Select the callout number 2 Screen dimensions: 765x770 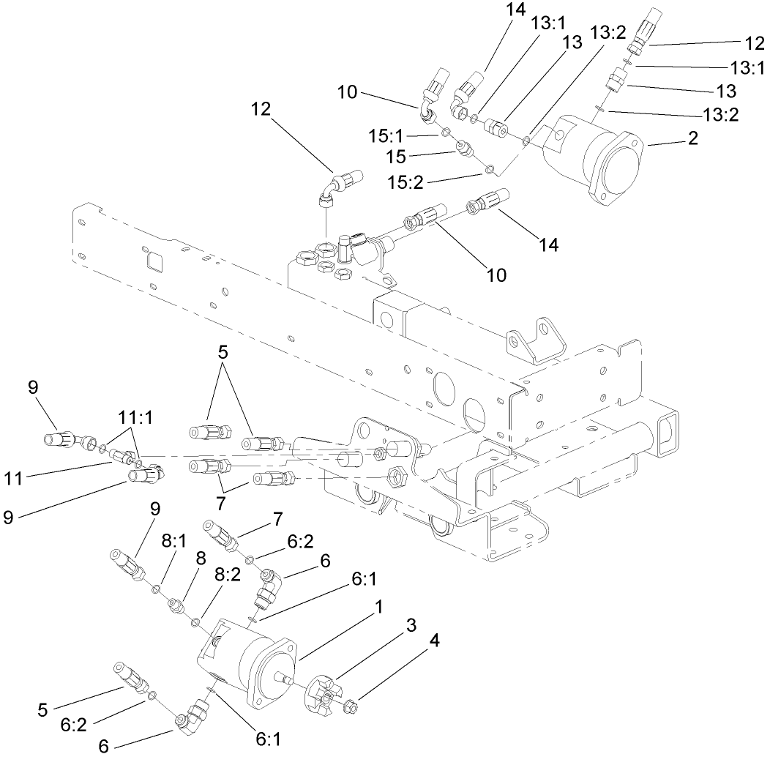pos(691,138)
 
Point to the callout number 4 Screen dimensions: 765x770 pos(435,641)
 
